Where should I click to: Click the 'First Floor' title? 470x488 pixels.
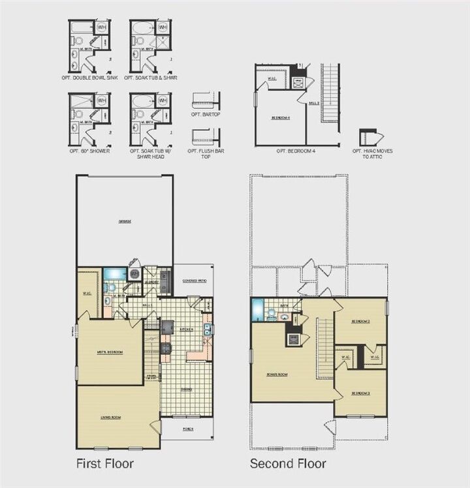tap(105, 464)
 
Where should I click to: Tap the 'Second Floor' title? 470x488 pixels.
tap(288, 464)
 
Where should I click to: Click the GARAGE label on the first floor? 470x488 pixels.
tap(125, 221)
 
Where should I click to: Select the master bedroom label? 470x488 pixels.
tap(110, 352)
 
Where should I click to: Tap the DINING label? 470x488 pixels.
tap(187, 389)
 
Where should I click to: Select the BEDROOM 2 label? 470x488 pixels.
tap(361, 322)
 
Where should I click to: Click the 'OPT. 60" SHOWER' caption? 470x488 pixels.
tap(89, 151)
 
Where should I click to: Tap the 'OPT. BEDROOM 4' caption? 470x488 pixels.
tap(295, 151)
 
